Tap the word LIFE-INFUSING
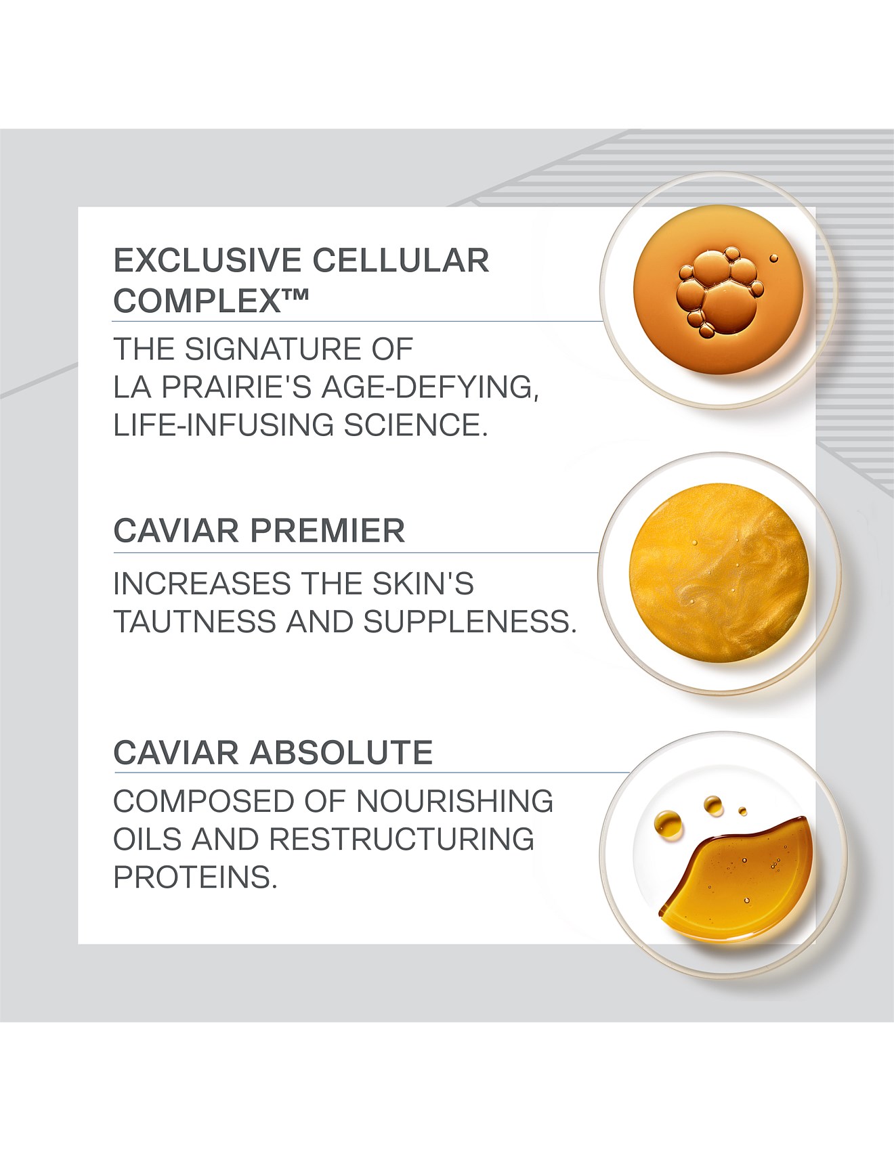tap(223, 425)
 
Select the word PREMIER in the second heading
tap(328, 530)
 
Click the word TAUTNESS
tap(195, 622)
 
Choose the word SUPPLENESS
tap(470, 622)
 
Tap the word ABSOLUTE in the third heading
tap(341, 752)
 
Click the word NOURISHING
tap(454, 801)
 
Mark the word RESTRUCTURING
tap(402, 839)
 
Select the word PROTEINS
tap(196, 877)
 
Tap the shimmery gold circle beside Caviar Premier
tap(719, 573)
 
